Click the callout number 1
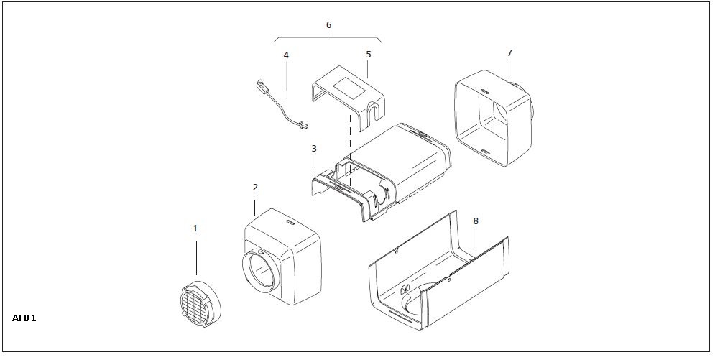coord(195,228)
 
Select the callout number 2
coord(255,187)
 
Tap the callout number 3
coord(314,149)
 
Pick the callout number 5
coord(368,54)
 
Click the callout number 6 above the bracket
coord(328,25)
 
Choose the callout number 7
coord(509,53)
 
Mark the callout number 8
coord(475,222)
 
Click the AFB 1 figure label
coord(24,317)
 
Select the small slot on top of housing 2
coord(290,223)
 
